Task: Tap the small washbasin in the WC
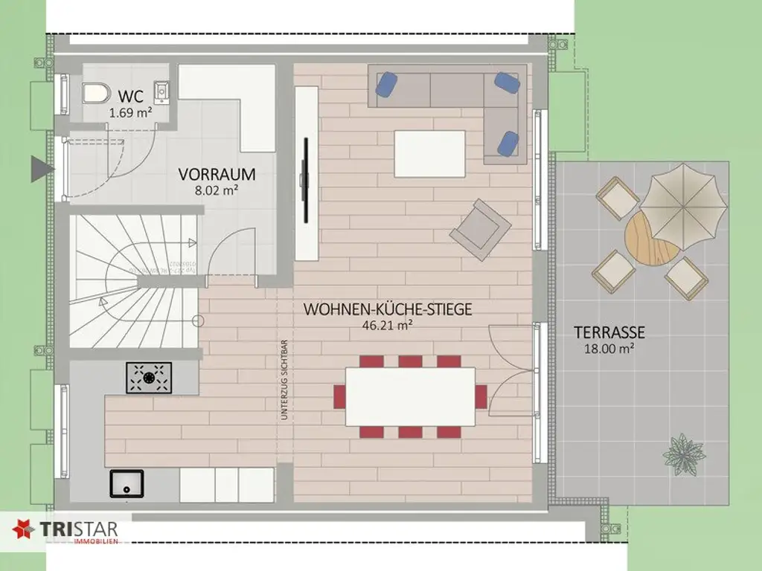[x=162, y=91]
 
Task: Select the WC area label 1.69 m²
[x=131, y=113]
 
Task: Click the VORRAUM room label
[x=217, y=175]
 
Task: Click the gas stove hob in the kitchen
[x=149, y=377]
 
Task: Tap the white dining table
[x=411, y=396]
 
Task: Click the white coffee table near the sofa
[x=429, y=153]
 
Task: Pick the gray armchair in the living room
[x=480, y=229]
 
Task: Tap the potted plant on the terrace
[x=683, y=453]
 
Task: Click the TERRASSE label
[x=609, y=332]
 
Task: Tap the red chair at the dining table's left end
[x=339, y=396]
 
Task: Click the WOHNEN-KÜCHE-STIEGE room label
[x=387, y=309]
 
